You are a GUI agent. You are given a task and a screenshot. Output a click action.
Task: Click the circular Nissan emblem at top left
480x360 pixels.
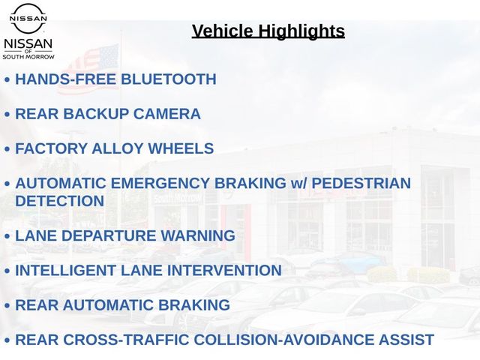tap(28, 18)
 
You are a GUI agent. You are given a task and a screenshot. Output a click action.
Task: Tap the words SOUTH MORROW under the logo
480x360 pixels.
tap(28, 57)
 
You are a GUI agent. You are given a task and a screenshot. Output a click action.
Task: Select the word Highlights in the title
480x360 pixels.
tap(301, 31)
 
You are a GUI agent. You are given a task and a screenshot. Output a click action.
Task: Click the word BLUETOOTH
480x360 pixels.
tap(169, 79)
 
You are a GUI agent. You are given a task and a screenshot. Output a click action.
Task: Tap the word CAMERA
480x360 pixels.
tap(166, 113)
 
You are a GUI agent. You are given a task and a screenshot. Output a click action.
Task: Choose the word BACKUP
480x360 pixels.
tap(96, 113)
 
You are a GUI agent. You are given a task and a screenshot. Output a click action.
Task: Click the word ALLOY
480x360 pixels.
tap(118, 148)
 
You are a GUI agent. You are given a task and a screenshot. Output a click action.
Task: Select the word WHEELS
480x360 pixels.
tap(181, 148)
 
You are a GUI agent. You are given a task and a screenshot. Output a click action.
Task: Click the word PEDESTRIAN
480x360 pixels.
tap(361, 183)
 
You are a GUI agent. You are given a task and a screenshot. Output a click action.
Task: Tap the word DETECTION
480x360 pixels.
tap(60, 201)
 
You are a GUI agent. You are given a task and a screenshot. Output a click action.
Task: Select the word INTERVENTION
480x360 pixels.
tap(224, 270)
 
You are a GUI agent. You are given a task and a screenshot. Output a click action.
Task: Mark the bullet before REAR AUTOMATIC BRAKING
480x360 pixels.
tap(7, 306)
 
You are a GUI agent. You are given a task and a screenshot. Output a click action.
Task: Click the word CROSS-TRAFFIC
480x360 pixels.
tap(126, 340)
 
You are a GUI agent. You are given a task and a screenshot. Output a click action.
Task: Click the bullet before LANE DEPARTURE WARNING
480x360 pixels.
tap(7, 236)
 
